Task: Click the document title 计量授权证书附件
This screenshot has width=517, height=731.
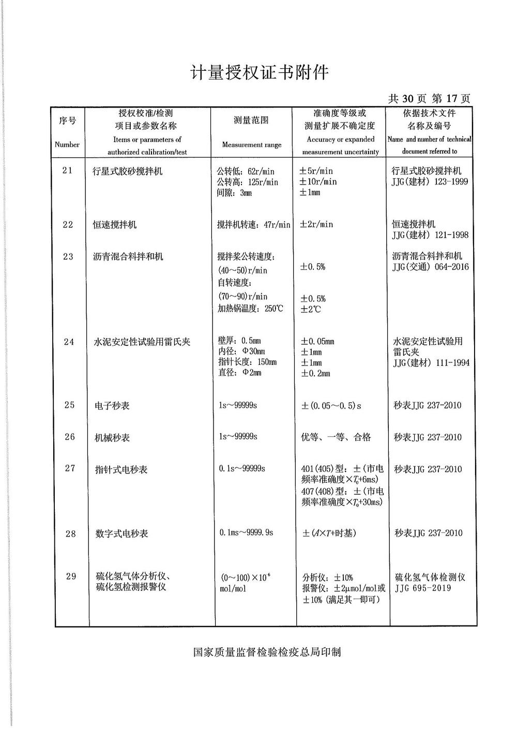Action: click(260, 72)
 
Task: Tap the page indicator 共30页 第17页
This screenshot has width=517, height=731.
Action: click(429, 98)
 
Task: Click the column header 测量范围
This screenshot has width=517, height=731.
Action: click(251, 120)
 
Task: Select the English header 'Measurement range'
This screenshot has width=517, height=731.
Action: click(252, 145)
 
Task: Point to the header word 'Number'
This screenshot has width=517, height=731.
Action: click(67, 145)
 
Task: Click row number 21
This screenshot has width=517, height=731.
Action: click(68, 171)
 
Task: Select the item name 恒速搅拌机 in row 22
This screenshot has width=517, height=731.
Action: click(115, 225)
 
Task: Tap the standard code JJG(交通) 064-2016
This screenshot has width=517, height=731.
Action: click(431, 267)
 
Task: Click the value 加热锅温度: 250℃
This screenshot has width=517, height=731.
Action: click(250, 309)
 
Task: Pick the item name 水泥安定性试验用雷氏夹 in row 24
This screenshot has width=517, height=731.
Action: click(142, 342)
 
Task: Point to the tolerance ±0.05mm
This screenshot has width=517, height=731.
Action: click(317, 342)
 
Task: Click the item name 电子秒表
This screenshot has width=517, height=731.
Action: click(112, 406)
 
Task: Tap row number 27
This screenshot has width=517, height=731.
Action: click(70, 468)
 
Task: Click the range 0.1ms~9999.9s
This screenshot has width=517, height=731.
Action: click(246, 532)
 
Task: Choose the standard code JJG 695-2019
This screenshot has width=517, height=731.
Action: click(423, 588)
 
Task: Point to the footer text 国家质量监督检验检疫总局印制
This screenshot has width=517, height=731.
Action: click(267, 652)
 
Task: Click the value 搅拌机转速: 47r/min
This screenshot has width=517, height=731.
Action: click(254, 225)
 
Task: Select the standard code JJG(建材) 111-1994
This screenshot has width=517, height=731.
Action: click(431, 363)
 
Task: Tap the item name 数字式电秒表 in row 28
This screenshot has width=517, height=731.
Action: click(121, 534)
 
